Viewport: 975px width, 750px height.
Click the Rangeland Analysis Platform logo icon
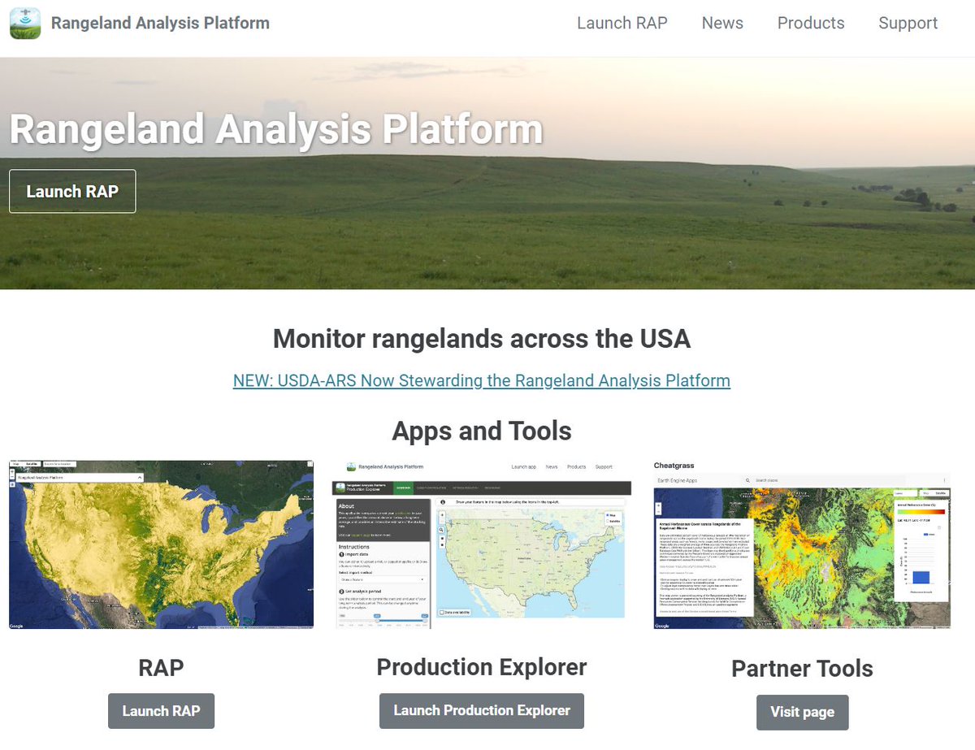pos(25,24)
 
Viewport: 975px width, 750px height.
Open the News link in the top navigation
pos(722,24)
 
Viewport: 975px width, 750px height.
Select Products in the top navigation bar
pos(811,24)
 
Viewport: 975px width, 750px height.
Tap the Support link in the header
pos(908,24)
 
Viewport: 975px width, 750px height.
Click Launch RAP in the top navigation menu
pos(622,24)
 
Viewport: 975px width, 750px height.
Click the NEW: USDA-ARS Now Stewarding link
pos(481,380)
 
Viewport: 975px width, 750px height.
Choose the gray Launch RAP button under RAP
pos(161,711)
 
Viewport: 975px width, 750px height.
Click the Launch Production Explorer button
pos(481,710)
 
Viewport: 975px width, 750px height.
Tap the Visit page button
pos(802,712)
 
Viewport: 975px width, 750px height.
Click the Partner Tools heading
pos(802,669)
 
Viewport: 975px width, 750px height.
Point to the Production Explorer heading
pos(481,667)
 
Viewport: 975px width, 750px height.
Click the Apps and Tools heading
pos(481,431)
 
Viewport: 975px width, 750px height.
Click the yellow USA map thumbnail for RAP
pos(161,544)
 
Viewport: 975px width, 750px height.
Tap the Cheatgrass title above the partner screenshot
pos(674,466)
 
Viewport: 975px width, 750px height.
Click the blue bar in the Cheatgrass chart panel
pos(921,576)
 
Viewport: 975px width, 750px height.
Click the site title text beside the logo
pos(160,24)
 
